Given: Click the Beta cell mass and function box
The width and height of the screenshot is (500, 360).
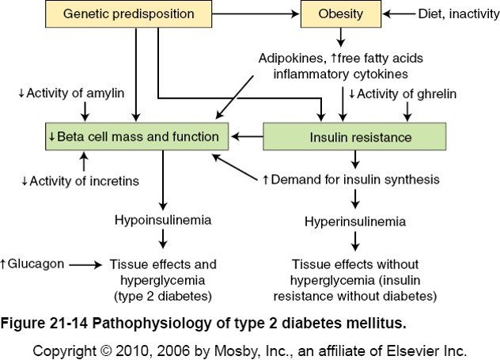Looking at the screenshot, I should pyautogui.click(x=138, y=137).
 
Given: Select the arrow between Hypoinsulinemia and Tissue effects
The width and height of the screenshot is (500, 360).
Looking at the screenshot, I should pyautogui.click(x=161, y=237).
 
